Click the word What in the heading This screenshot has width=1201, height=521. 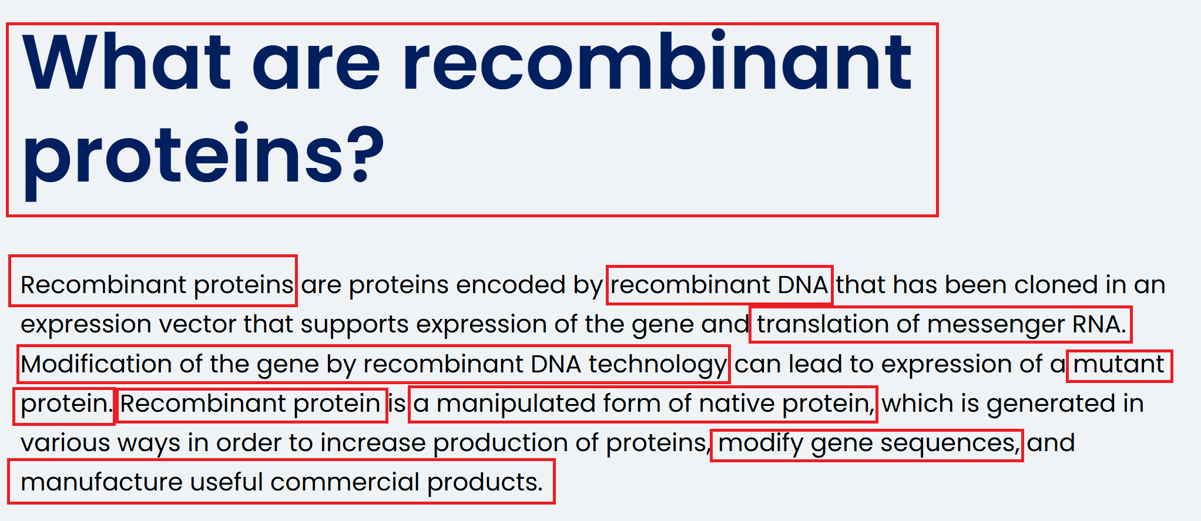pyautogui.click(x=126, y=62)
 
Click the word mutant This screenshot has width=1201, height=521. pyautogui.click(x=1119, y=364)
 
